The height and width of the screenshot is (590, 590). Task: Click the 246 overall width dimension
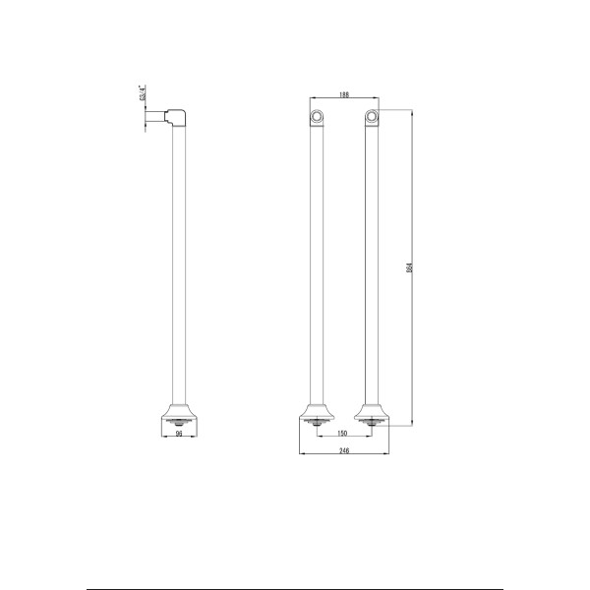(345, 450)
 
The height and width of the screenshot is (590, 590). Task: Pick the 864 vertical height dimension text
(409, 268)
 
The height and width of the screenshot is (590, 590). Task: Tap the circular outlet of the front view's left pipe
(317, 119)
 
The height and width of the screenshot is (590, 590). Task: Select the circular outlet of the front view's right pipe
(372, 119)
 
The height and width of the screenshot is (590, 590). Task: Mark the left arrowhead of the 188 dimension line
(312, 99)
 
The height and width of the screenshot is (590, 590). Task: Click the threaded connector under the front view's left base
(318, 425)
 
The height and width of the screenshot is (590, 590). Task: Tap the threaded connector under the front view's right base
(373, 425)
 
